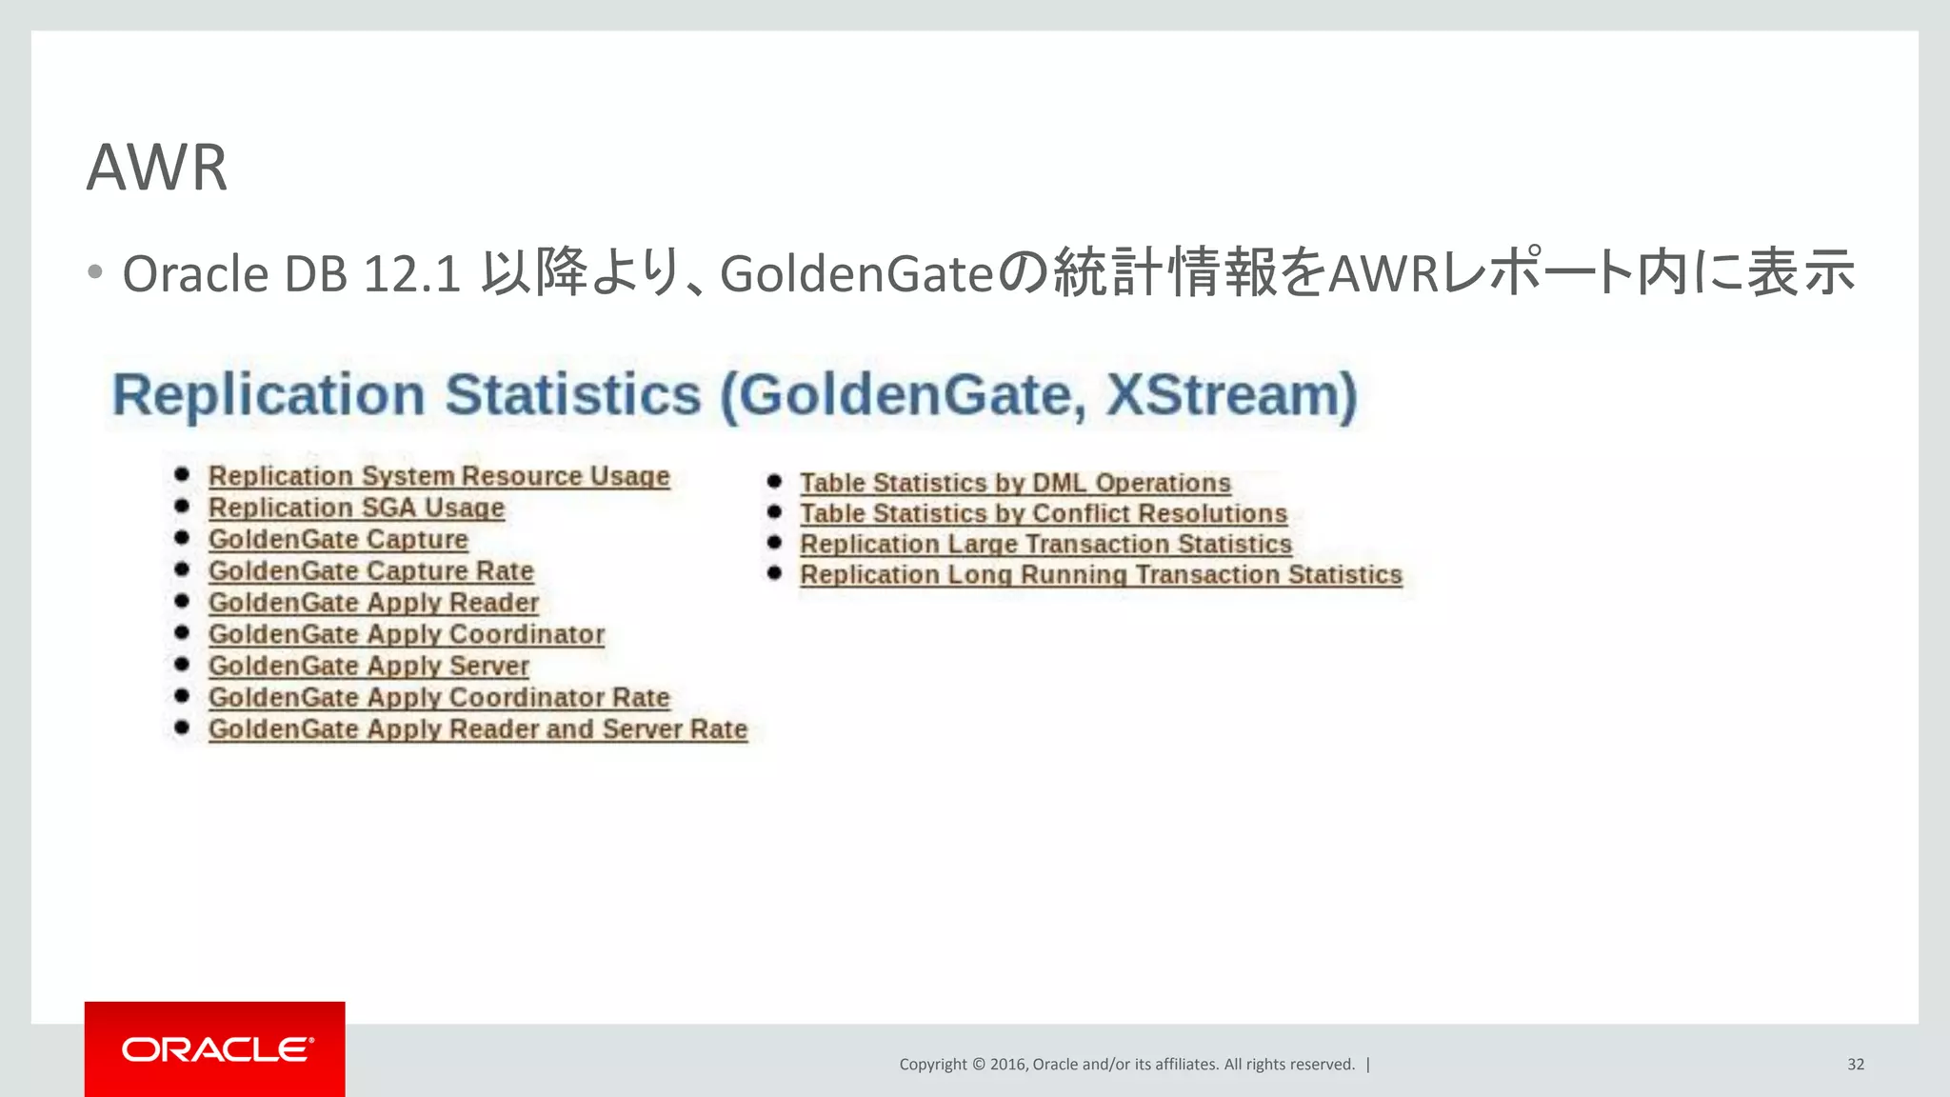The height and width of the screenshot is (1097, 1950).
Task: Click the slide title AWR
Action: point(157,168)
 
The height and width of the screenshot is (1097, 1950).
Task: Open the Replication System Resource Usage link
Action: point(439,476)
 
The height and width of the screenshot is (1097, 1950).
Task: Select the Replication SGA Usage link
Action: point(356,508)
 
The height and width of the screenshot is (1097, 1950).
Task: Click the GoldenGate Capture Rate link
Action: point(370,570)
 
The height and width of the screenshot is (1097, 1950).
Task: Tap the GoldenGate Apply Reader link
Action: point(373,603)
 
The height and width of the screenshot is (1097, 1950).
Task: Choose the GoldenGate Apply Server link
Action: point(368,666)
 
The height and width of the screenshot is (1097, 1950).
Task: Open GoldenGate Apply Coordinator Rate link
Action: point(439,697)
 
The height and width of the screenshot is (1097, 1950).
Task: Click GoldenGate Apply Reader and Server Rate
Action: point(477,729)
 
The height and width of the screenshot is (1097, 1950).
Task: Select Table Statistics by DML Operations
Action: point(1015,483)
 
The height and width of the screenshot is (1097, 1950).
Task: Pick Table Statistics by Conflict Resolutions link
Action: point(1043,513)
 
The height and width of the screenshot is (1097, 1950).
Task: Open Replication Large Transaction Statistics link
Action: point(1045,544)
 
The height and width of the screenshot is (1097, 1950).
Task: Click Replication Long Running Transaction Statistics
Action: point(1101,574)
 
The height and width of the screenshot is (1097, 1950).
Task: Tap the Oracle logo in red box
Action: point(215,1049)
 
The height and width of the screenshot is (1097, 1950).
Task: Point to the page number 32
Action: point(1855,1064)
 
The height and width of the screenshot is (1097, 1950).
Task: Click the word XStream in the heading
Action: point(1230,394)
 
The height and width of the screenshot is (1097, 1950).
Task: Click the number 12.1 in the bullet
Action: point(412,274)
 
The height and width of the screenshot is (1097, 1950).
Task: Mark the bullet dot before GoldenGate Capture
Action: point(182,538)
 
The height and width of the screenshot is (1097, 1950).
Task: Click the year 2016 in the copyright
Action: point(1007,1064)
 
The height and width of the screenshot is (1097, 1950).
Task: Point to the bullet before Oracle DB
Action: point(94,273)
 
